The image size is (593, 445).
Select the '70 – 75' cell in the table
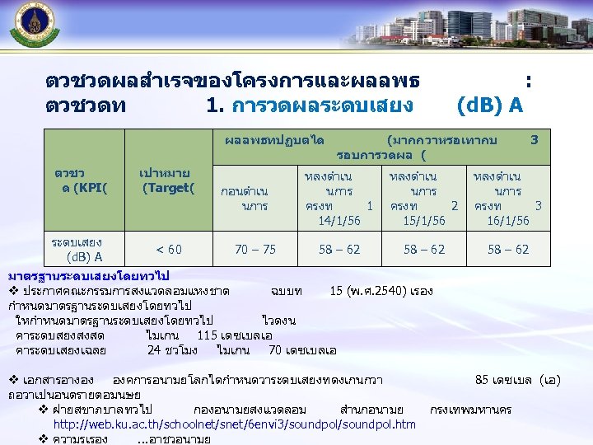pyautogui.click(x=255, y=250)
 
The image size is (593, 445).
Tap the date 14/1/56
pyautogui.click(x=339, y=221)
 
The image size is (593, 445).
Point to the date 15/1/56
pyautogui.click(x=424, y=221)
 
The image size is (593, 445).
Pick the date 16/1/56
pyautogui.click(x=508, y=221)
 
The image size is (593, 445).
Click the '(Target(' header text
pyautogui.click(x=168, y=188)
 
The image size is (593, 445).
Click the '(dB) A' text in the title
pyautogui.click(x=489, y=105)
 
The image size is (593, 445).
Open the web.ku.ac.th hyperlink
pyautogui.click(x=234, y=424)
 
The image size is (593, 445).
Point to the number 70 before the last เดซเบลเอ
pyautogui.click(x=277, y=349)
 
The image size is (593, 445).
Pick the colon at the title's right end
pyautogui.click(x=528, y=82)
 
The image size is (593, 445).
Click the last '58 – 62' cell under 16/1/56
pyautogui.click(x=508, y=250)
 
